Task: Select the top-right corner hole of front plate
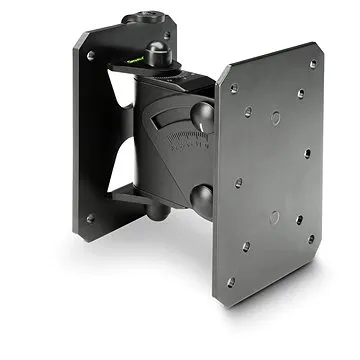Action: tap(312, 64)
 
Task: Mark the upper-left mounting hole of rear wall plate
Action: tap(90, 56)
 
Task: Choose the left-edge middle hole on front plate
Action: tap(237, 183)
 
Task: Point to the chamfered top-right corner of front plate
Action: tap(319, 50)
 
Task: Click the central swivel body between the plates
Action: tap(165, 140)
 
